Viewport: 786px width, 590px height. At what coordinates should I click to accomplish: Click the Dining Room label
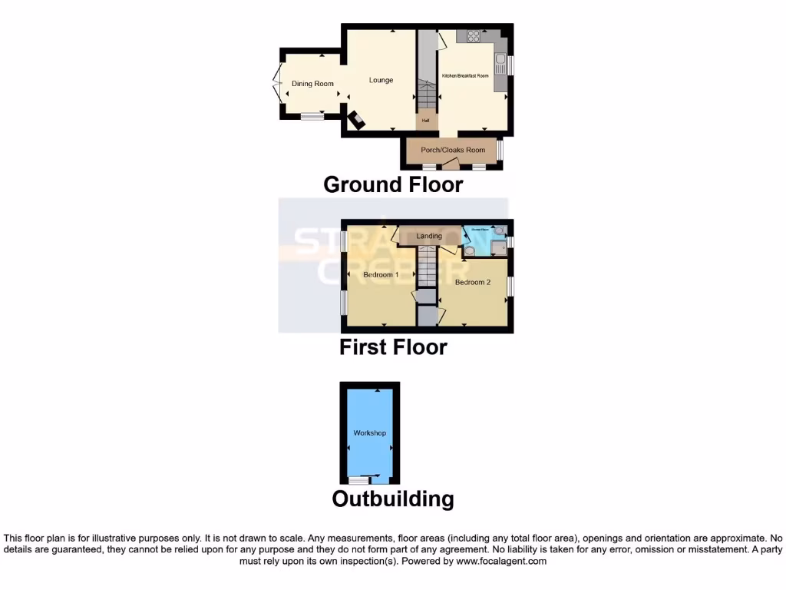(x=312, y=84)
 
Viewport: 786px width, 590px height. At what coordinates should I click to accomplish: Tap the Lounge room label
(x=381, y=80)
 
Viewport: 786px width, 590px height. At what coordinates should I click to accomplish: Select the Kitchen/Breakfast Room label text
(x=465, y=75)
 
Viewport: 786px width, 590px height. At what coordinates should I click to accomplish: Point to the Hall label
(x=425, y=121)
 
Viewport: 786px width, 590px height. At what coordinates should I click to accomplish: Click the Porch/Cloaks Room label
(x=453, y=150)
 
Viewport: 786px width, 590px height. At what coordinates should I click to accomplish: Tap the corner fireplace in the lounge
(x=357, y=120)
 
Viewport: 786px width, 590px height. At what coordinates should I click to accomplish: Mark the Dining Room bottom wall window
(x=310, y=117)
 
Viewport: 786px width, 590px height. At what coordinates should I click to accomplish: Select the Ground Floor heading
(x=393, y=184)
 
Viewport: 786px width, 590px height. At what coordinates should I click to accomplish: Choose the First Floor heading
(x=393, y=346)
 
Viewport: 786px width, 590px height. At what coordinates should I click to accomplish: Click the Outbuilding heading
(x=393, y=499)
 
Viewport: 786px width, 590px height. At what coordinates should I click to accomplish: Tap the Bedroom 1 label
(x=381, y=274)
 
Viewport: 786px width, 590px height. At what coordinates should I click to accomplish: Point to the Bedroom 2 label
(x=472, y=282)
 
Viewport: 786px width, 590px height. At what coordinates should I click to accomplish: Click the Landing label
(x=429, y=236)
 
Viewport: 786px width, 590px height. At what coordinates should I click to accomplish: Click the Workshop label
(x=369, y=433)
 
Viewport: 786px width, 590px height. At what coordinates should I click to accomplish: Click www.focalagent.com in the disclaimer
(x=500, y=562)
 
